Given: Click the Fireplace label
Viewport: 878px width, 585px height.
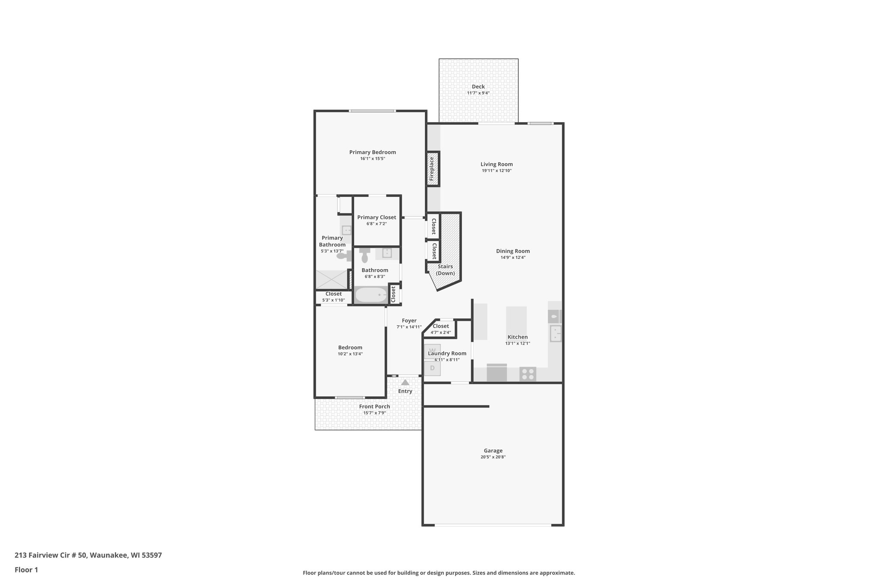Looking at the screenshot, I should [432, 168].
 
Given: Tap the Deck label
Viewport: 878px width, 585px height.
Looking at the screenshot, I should [478, 87].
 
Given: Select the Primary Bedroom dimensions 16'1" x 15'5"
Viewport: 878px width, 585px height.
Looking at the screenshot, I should [373, 159].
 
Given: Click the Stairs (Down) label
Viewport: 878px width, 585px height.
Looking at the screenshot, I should [445, 270].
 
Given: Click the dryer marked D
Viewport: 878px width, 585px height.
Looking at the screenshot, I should [432, 368].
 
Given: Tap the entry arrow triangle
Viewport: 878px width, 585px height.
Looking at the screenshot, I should [405, 382].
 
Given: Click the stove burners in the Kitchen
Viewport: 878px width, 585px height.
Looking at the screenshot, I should [528, 374].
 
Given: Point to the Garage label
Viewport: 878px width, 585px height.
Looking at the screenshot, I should [493, 450].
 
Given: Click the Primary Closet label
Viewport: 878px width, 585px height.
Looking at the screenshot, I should [376, 217].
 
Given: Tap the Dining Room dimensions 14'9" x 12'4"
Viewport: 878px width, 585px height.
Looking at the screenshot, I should [513, 258].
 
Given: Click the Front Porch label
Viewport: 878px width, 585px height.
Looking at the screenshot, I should [374, 407].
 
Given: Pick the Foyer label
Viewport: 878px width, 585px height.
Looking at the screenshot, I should [409, 321].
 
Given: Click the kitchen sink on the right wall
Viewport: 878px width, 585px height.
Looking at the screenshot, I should [556, 333].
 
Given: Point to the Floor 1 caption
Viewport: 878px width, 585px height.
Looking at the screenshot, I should [26, 570].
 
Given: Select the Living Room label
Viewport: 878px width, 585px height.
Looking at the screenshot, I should [496, 164].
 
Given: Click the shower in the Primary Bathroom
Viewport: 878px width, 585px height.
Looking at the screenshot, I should [331, 279].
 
